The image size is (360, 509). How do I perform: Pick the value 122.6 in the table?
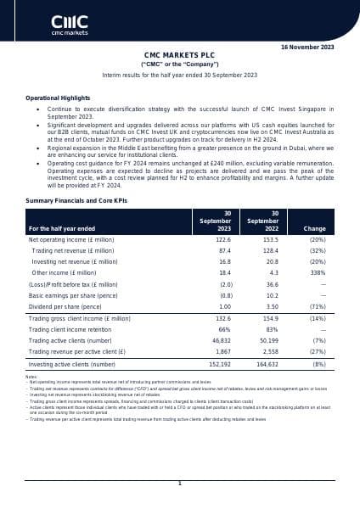point(222,240)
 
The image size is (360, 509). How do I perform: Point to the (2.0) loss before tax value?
point(222,284)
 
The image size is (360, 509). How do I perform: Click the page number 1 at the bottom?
point(179,483)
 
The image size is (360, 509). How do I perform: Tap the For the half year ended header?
point(62,229)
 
